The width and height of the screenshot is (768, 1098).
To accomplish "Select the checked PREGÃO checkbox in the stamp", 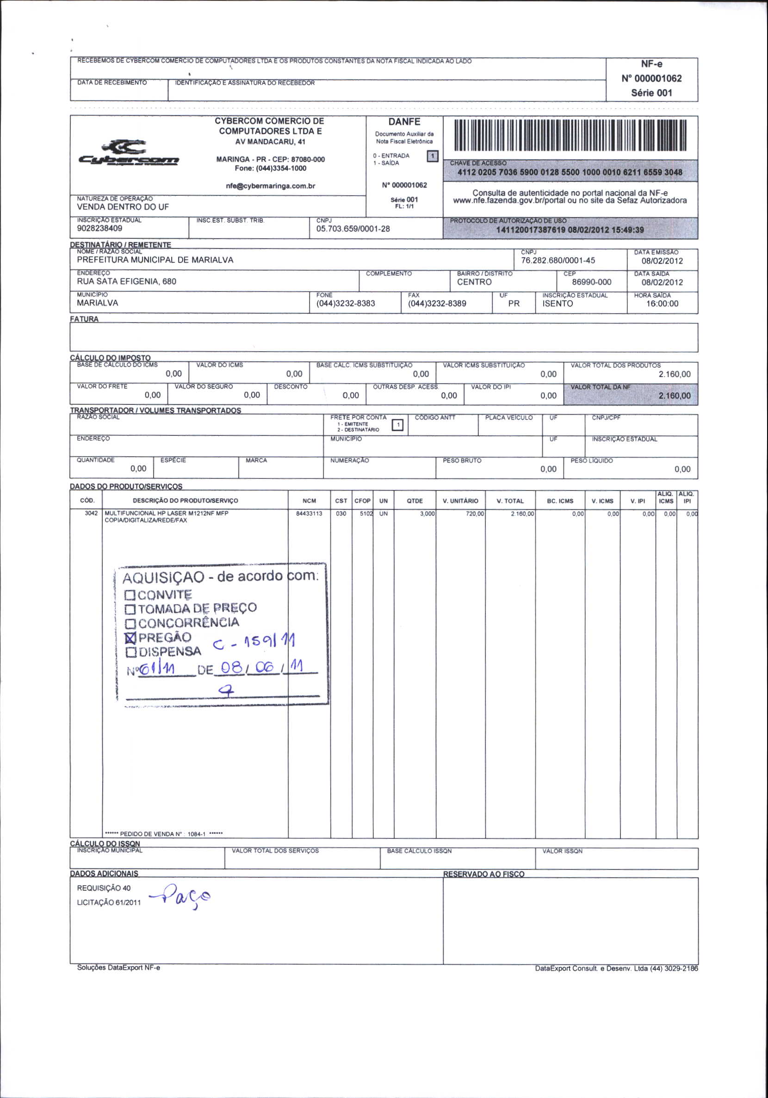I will (x=130, y=638).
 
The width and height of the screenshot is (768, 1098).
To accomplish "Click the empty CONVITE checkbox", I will (x=130, y=596).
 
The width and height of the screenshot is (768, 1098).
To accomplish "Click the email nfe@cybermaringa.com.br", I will (x=270, y=186).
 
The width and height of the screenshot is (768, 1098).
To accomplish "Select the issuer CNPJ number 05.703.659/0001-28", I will (x=353, y=229).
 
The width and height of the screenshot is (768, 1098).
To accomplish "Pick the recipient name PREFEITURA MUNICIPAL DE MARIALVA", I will (x=155, y=260).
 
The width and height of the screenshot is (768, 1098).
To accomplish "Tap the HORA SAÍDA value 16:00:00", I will (x=662, y=304).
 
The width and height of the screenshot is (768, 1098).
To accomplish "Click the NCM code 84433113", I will (x=309, y=514).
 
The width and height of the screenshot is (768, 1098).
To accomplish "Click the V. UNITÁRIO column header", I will (x=460, y=501).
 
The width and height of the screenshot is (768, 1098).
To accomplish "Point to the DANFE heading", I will (x=404, y=122).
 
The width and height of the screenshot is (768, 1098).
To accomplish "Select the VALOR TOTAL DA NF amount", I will (x=674, y=396).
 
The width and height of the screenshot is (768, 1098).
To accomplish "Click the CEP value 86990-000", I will (x=591, y=282).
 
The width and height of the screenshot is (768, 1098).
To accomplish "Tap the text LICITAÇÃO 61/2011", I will (x=109, y=902).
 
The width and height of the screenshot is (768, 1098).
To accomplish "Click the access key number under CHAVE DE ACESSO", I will (x=570, y=172).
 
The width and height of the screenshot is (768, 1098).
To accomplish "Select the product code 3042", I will (x=91, y=514).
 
